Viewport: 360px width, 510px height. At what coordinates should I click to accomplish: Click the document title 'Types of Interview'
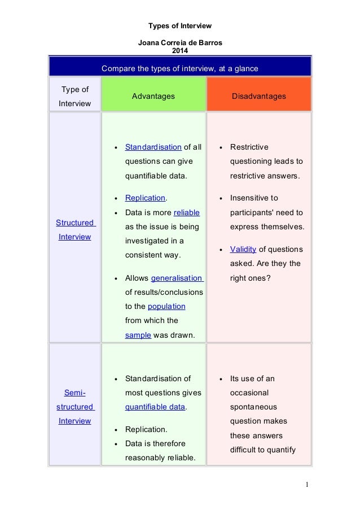click(x=179, y=26)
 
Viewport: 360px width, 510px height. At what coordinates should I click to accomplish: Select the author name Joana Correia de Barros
click(x=179, y=43)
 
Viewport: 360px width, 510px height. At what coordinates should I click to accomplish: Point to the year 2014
click(x=179, y=50)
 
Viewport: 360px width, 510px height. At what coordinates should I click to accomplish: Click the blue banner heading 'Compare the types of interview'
click(x=179, y=69)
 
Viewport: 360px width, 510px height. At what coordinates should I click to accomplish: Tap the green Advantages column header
click(x=153, y=97)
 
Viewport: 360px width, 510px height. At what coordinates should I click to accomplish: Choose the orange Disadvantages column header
click(x=259, y=97)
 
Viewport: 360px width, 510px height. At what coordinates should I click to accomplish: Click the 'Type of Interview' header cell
click(x=74, y=97)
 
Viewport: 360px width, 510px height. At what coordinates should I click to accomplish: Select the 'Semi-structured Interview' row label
click(x=76, y=407)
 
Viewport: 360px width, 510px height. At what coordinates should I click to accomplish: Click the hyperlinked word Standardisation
click(x=153, y=147)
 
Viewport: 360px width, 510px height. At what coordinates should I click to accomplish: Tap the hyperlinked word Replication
click(x=145, y=198)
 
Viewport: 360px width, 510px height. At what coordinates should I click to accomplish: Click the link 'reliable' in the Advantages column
click(x=186, y=212)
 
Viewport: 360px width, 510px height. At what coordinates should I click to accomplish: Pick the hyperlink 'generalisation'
click(x=177, y=278)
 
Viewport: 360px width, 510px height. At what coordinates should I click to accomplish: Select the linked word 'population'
click(x=166, y=306)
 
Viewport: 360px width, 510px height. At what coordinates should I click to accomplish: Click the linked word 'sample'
click(x=138, y=335)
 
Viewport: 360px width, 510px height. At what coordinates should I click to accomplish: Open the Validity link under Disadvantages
click(x=243, y=249)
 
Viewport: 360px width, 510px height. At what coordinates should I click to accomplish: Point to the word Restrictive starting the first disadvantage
click(x=249, y=147)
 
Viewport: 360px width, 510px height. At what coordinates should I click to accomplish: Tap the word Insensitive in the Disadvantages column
click(x=254, y=198)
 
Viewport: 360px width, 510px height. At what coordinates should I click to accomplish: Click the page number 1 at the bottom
click(x=307, y=485)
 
